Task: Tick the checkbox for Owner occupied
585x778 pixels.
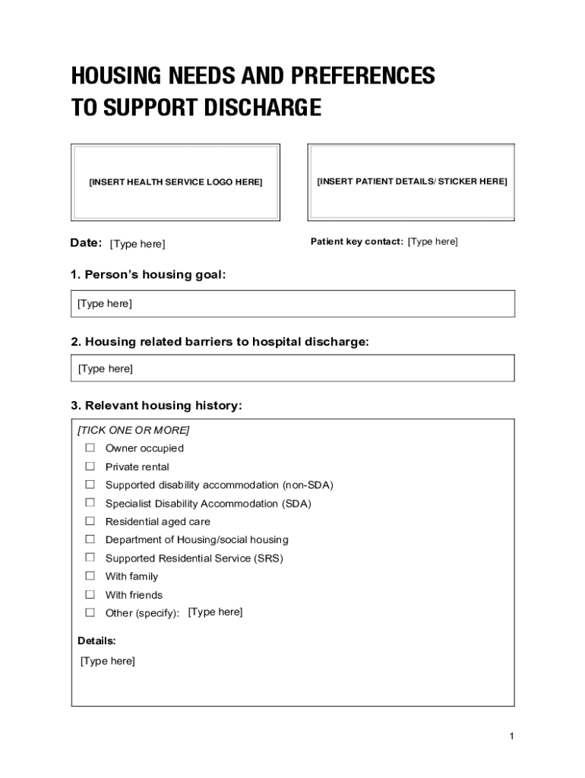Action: click(x=90, y=448)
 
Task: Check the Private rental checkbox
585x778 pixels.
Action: click(x=90, y=466)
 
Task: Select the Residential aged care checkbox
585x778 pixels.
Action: click(x=90, y=520)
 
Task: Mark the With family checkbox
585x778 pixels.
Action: click(x=90, y=575)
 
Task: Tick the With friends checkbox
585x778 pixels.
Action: click(x=90, y=594)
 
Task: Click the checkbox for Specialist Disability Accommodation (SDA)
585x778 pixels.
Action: click(x=90, y=502)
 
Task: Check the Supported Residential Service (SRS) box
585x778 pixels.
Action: click(x=90, y=557)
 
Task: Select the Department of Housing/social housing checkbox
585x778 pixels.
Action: click(x=90, y=539)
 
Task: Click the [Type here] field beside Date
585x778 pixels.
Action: click(x=138, y=244)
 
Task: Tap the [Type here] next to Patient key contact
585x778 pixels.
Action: click(x=433, y=242)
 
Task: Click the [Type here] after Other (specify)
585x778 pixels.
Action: click(x=215, y=612)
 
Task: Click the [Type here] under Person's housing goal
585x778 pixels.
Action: click(x=105, y=304)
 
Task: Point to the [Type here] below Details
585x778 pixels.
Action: click(x=108, y=661)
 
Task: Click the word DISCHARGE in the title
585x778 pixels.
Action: click(x=261, y=109)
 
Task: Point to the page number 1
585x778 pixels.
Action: click(x=512, y=736)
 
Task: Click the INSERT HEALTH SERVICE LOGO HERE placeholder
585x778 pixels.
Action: click(x=175, y=182)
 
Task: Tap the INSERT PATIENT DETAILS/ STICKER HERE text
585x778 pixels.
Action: click(x=412, y=182)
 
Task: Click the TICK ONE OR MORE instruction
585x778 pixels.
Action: click(x=134, y=430)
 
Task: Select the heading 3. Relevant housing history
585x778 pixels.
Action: click(x=157, y=406)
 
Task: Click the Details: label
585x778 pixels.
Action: click(x=96, y=640)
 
